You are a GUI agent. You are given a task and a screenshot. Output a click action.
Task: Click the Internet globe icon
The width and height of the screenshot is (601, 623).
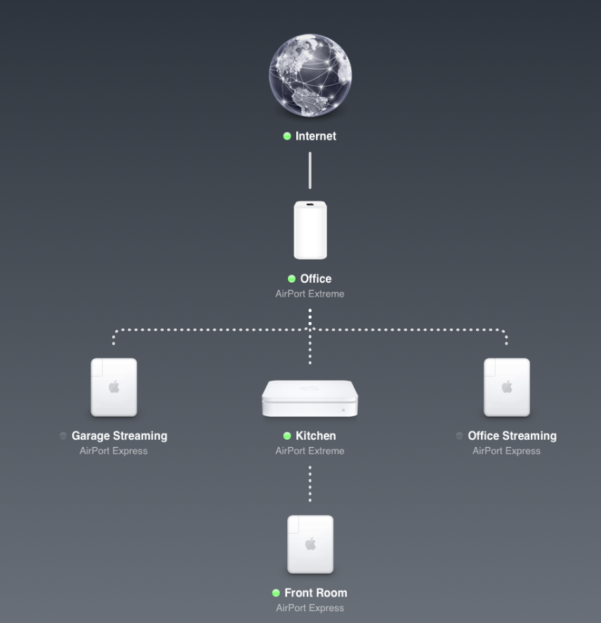pos(310,75)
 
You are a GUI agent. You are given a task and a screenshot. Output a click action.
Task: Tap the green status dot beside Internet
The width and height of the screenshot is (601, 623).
pos(286,136)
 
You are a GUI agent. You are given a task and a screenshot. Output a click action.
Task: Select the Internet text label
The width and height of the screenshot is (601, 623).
pos(316,136)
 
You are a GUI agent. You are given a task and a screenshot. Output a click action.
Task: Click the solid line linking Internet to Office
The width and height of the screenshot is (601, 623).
pos(310,170)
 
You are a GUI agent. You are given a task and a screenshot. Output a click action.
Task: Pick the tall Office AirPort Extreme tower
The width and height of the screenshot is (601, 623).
pos(310,230)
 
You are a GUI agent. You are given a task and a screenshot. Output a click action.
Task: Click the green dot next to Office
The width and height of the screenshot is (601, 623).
pos(291,279)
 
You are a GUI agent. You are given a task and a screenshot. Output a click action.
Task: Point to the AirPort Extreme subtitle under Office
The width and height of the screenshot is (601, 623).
pos(310,294)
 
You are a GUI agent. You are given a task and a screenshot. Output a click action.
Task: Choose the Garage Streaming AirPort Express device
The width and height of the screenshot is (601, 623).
pos(114,387)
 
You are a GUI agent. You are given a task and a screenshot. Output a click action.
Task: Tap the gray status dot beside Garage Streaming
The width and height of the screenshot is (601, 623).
pos(63,436)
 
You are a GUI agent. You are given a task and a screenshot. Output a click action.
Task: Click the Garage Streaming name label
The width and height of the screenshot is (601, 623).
pos(119,436)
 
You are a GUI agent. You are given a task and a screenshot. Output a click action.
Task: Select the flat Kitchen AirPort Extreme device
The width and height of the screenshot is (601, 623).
pos(310,398)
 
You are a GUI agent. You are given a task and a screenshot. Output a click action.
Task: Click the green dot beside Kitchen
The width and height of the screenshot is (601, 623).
pos(286,436)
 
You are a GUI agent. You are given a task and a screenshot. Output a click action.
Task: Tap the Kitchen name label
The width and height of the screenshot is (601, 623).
pos(316,436)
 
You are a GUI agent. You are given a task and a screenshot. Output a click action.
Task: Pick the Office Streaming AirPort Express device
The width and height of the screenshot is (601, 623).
pos(506,387)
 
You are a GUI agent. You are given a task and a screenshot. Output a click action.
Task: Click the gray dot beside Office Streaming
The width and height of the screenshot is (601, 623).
pos(460,436)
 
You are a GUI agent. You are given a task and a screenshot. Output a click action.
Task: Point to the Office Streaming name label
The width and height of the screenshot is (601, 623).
pos(513,436)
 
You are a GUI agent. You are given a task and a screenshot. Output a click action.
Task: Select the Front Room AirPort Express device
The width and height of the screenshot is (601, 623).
pos(310,544)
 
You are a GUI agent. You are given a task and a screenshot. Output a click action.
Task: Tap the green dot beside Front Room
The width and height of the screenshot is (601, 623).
pos(276,593)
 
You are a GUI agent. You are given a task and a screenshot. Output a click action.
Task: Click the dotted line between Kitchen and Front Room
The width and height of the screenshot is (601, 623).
pos(310,484)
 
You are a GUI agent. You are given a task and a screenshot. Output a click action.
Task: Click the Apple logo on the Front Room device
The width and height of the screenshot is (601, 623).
pos(310,544)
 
